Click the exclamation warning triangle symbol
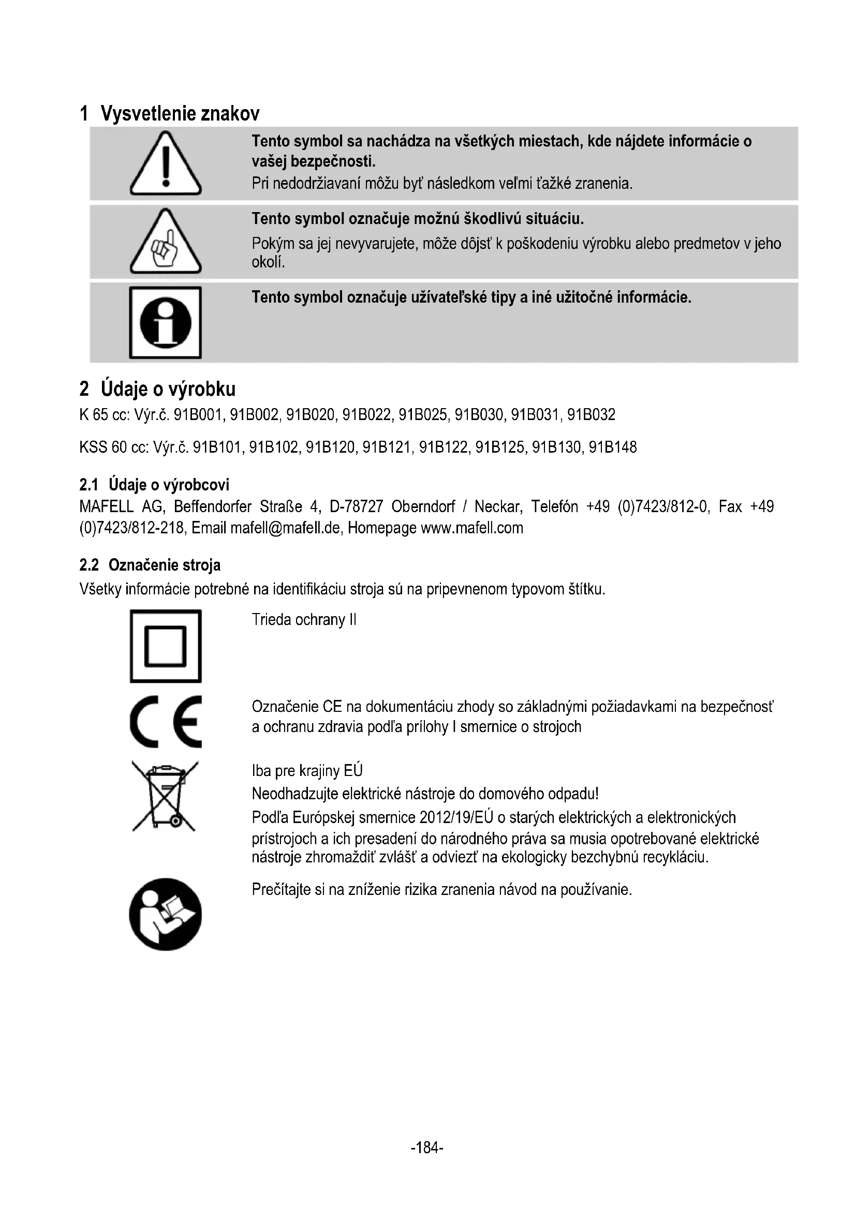(166, 165)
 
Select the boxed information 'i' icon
(166, 322)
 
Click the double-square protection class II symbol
(166, 646)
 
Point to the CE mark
(166, 722)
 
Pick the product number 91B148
(612, 448)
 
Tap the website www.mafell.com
(472, 528)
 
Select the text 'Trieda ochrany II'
(304, 620)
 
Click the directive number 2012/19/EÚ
(456, 817)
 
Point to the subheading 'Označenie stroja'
(165, 565)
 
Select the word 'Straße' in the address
(281, 507)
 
